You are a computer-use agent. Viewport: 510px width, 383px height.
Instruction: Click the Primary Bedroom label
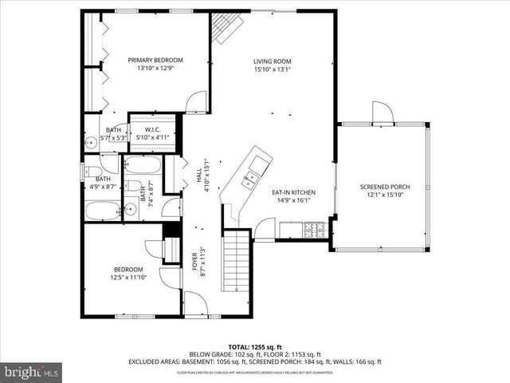coord(156,60)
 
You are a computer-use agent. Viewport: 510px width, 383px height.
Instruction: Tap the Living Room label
coord(273,61)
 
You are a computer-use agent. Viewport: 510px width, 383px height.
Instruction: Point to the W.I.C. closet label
coord(154,130)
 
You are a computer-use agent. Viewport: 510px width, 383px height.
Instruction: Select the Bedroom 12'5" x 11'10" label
coord(127,269)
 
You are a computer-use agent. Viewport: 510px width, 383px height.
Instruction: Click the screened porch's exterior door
coord(382,113)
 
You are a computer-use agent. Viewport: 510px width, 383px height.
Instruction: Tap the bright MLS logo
coord(32,371)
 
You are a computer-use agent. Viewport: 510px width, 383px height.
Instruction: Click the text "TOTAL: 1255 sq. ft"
coord(255,346)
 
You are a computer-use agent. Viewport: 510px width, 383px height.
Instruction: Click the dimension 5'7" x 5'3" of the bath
coord(114,137)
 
